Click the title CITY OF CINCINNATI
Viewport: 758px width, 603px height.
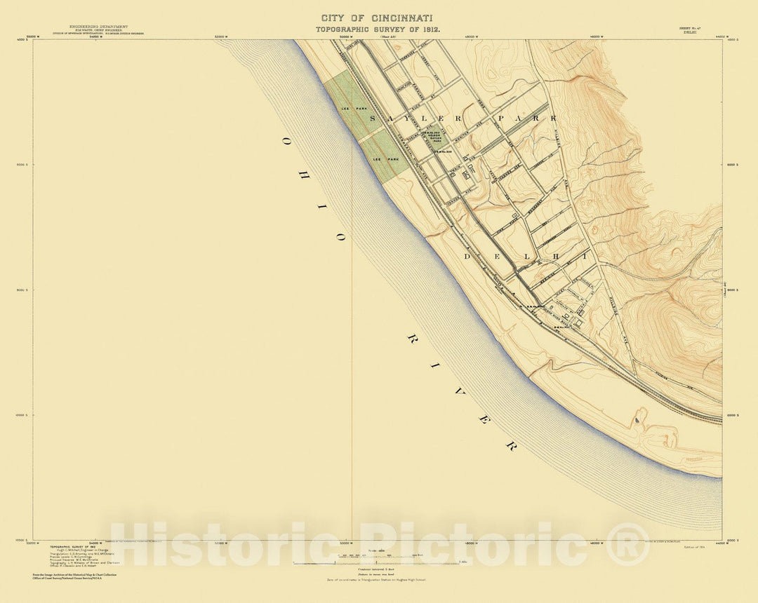tap(377, 17)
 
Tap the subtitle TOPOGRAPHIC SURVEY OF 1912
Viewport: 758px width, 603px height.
tap(377, 31)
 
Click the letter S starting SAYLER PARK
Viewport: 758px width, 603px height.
tap(373, 119)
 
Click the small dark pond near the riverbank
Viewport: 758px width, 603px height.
tap(637, 420)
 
